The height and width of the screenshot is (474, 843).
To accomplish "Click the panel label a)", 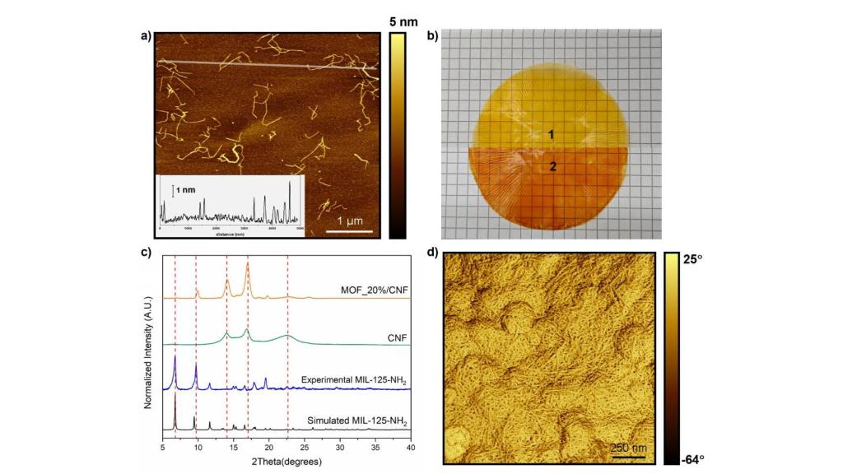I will click(x=146, y=35).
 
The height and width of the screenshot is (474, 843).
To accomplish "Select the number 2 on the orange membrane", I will click(x=553, y=166).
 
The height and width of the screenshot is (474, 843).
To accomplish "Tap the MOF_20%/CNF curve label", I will click(x=375, y=290).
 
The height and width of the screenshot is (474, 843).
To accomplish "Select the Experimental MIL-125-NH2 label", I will click(x=355, y=380).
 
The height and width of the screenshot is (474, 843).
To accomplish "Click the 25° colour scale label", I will click(x=689, y=259).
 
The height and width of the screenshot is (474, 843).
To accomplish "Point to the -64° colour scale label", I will click(x=689, y=459).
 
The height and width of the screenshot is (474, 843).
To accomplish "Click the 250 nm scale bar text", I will click(x=627, y=447).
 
